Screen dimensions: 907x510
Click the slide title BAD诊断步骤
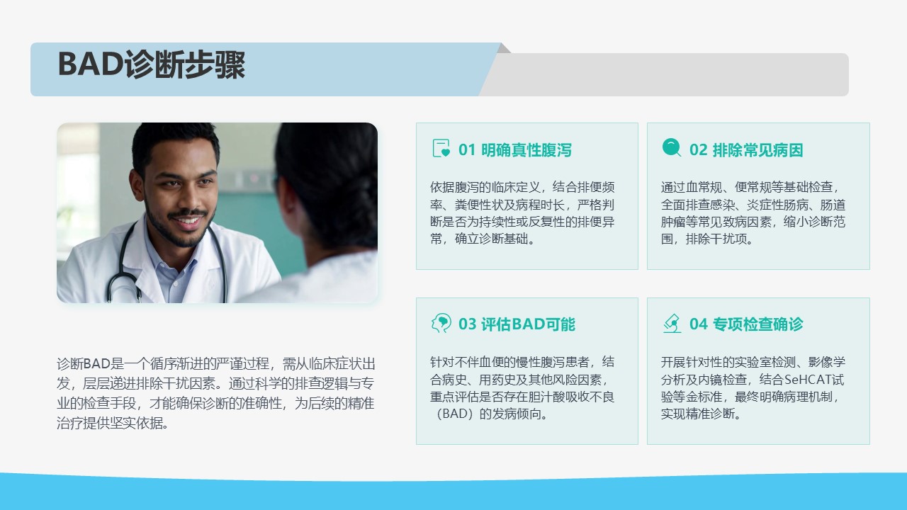152,64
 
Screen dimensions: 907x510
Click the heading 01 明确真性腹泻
514,149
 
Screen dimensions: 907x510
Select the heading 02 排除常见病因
746,149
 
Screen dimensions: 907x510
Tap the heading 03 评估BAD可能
517,324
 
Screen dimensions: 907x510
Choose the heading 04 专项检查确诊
746,324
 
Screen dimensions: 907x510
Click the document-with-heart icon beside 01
441,148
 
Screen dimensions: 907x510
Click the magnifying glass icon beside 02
672,147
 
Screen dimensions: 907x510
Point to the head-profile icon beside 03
441,323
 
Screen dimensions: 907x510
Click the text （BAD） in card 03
454,414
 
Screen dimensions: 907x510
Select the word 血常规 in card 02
704,187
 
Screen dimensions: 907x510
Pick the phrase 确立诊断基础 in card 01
492,239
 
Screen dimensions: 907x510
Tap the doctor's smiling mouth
187,220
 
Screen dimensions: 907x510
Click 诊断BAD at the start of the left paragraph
84,363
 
